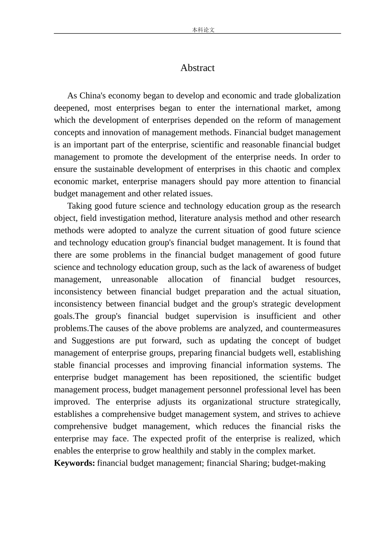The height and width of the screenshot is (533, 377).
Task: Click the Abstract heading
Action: (x=197, y=68)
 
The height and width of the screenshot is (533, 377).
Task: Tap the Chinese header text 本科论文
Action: (x=203, y=30)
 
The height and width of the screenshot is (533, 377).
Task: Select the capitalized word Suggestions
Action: (x=93, y=341)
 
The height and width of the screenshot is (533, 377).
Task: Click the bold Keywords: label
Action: (x=75, y=463)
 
